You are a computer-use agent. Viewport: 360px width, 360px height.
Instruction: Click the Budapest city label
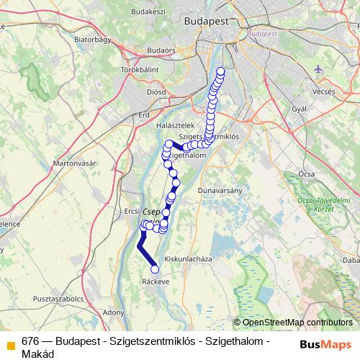(x=207, y=22)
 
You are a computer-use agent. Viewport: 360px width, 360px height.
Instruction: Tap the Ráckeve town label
(x=156, y=282)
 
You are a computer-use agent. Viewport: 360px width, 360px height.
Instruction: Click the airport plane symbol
(x=320, y=69)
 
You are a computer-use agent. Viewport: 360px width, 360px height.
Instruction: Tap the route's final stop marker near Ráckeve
(x=155, y=270)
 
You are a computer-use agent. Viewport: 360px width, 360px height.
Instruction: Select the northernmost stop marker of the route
(x=220, y=71)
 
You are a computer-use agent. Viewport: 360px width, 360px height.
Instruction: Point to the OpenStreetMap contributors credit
(x=297, y=323)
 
